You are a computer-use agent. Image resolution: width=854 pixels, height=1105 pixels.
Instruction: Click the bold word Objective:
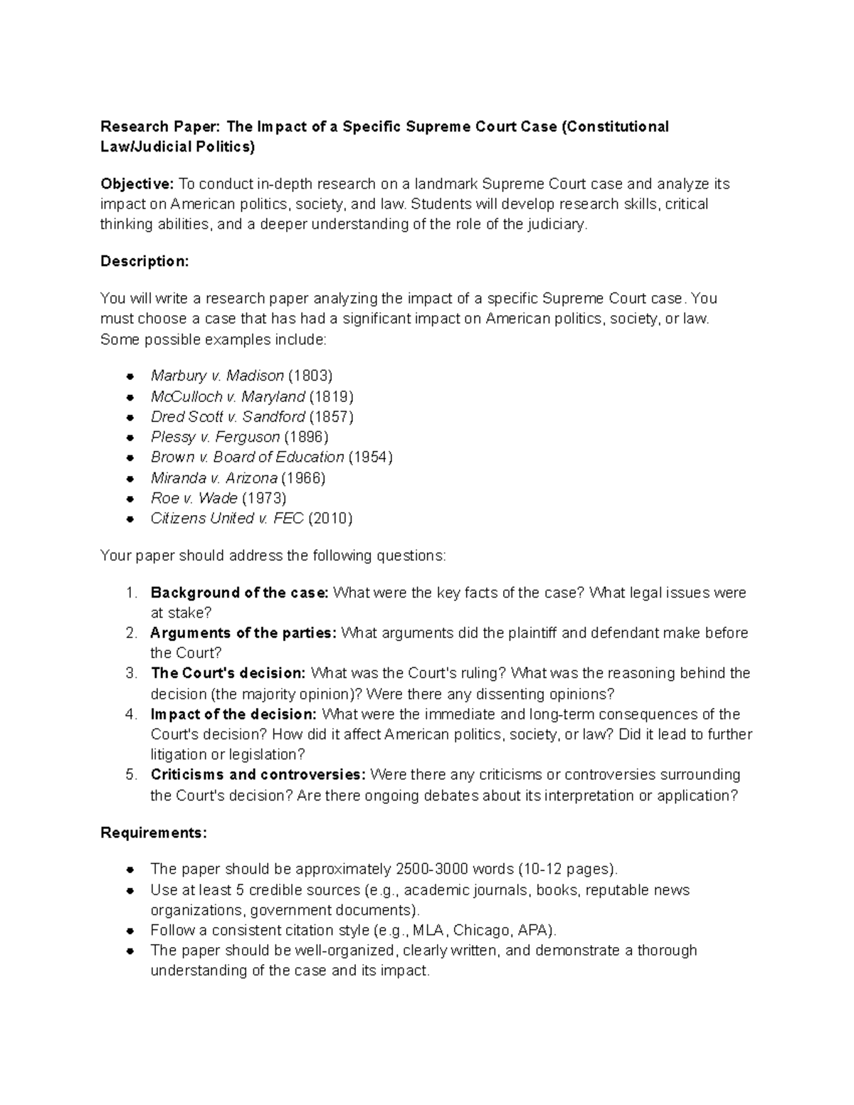tap(136, 184)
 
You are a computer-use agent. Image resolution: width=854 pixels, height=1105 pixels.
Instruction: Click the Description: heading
tap(144, 261)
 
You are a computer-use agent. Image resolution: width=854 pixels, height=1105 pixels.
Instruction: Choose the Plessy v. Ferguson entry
tap(215, 437)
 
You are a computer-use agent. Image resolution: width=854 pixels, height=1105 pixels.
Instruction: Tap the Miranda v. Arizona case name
tap(213, 477)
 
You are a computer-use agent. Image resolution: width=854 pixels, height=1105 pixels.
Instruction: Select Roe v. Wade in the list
tap(194, 498)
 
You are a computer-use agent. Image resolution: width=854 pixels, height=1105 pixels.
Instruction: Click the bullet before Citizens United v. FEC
tap(130, 519)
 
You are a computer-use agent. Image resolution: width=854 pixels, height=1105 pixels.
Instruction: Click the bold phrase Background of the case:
tap(239, 593)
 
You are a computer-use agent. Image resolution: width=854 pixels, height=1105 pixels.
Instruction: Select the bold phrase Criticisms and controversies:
tap(258, 774)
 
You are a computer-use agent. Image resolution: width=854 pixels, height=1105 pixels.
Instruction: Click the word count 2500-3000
tap(429, 869)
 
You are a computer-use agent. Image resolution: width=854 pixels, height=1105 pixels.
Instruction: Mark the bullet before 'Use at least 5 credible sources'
tap(130, 891)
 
